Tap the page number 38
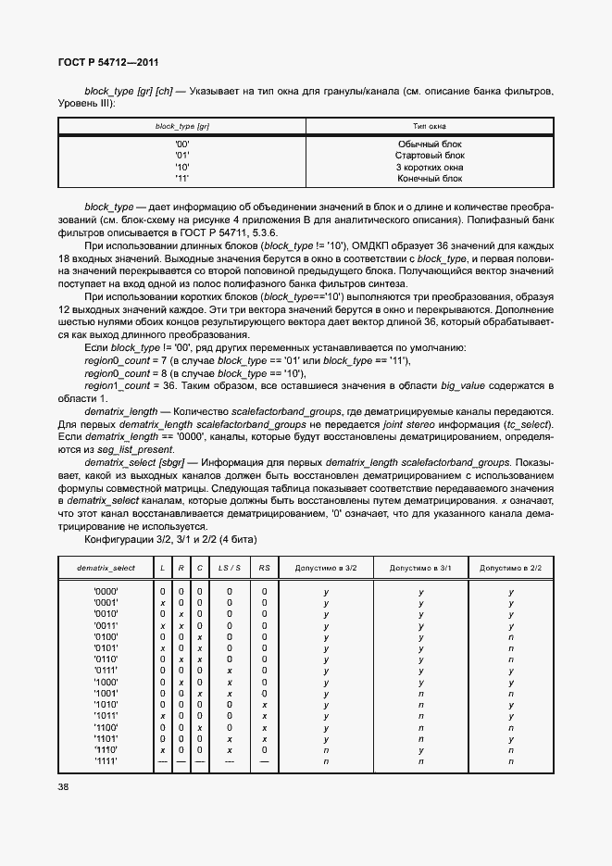coord(64,786)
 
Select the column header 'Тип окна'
coord(429,125)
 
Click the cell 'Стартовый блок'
coord(430,156)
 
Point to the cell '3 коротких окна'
coord(430,167)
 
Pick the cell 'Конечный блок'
coord(430,178)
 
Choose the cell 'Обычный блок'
coord(430,144)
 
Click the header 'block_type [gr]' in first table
coord(181,125)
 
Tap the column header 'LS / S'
coord(229,567)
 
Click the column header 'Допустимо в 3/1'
coord(420,567)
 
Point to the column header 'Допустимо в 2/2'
coord(511,567)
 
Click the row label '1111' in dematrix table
coord(105,761)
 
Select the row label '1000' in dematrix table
coord(105,683)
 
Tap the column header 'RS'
coord(264,567)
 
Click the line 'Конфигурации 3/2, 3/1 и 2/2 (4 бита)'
coord(170,539)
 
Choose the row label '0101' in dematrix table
coord(105,648)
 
